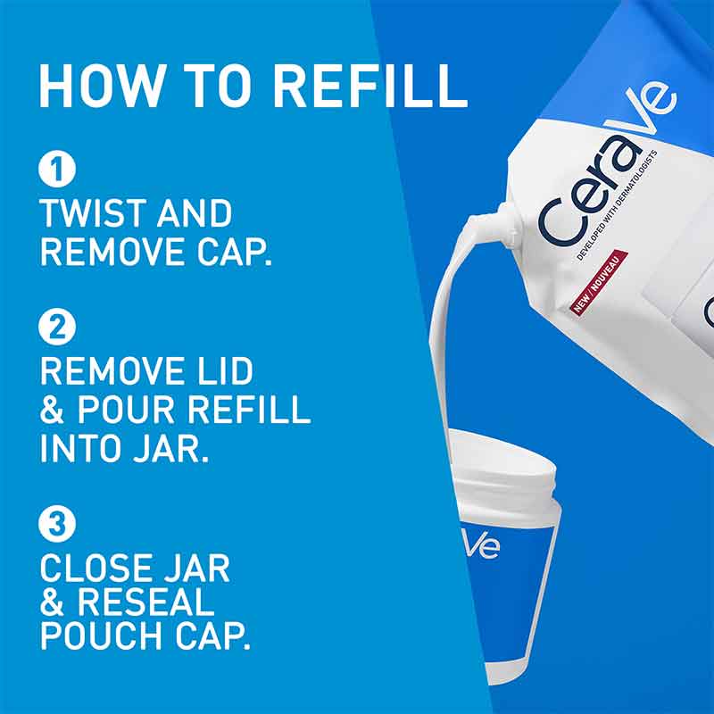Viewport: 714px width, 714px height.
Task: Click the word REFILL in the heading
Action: [x=369, y=86]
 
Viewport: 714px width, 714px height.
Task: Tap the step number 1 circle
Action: [x=57, y=169]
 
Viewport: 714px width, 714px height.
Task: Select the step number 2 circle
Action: [x=57, y=327]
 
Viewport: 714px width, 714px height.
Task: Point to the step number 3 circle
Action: [x=57, y=524]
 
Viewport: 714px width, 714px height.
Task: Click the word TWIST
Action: [x=92, y=213]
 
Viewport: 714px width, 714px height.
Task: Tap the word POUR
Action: [x=126, y=409]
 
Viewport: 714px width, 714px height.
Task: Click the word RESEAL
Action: [x=145, y=602]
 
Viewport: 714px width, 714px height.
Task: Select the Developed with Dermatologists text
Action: [x=617, y=204]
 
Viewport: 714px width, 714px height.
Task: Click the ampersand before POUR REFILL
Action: [x=52, y=410]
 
